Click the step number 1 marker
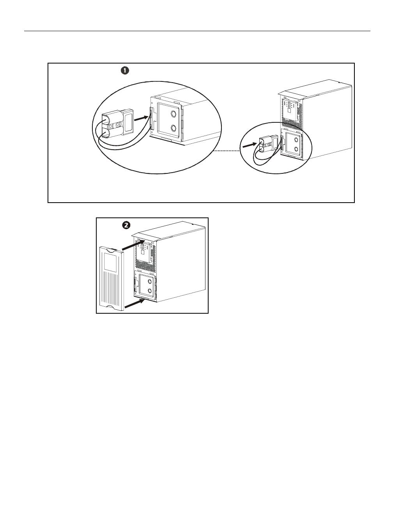(x=125, y=71)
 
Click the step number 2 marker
(x=126, y=225)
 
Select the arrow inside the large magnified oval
(x=141, y=118)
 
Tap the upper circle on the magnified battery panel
(x=173, y=114)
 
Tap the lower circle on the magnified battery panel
(x=173, y=128)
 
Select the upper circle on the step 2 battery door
(x=150, y=282)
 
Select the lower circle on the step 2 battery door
(x=150, y=291)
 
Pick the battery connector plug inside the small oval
(x=269, y=144)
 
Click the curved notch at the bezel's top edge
(x=113, y=250)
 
